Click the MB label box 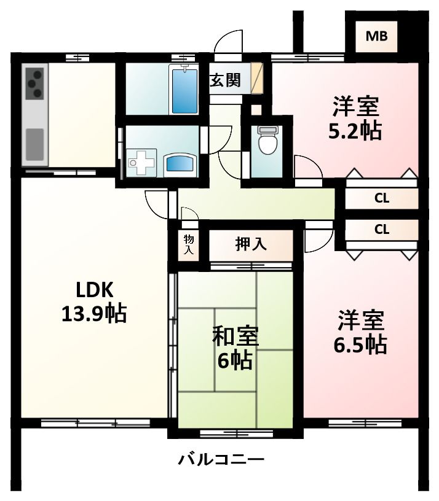[376, 36]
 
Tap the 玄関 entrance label [226, 80]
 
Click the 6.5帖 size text [360, 344]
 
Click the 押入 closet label [251, 244]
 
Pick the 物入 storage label [189, 245]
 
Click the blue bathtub [184, 91]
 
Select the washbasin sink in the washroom [180, 164]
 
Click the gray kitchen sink [35, 144]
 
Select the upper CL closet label [382, 198]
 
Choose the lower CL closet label [382, 230]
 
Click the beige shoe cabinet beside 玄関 [258, 78]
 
